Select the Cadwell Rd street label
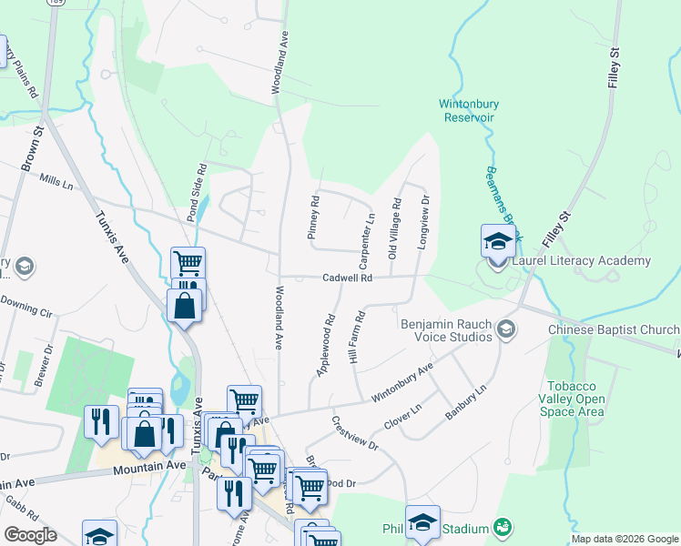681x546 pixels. point(348,278)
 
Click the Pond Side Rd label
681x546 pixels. point(192,193)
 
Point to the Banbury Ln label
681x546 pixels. point(466,401)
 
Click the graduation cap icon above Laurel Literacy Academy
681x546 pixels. point(498,242)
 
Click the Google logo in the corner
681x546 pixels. point(29,535)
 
